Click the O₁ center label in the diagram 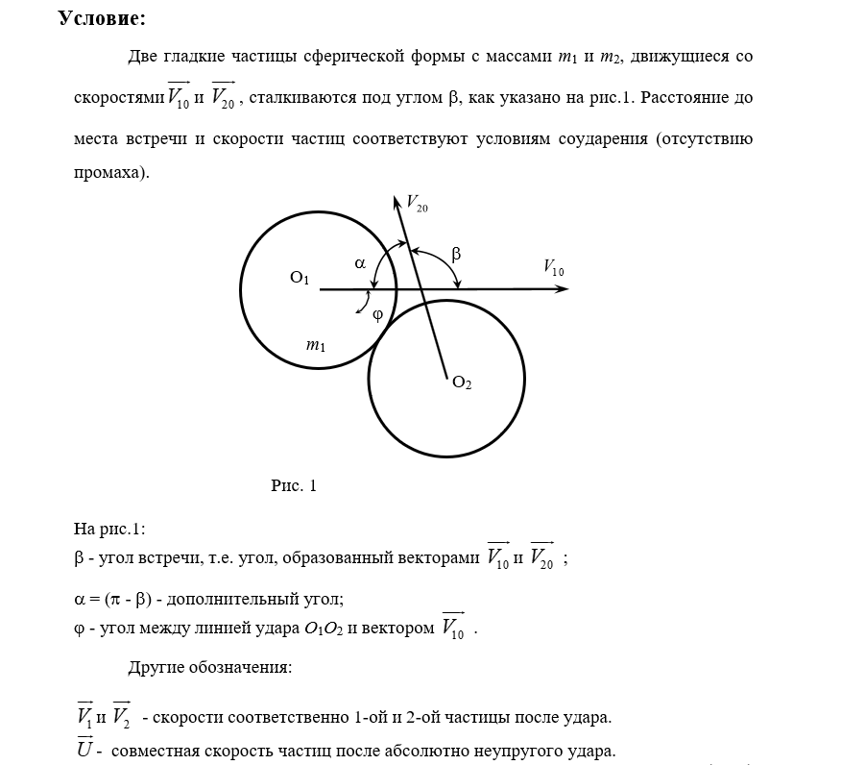click(x=300, y=279)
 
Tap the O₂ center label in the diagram click(x=462, y=382)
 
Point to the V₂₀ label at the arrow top click(x=418, y=203)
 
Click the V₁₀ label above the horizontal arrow click(x=554, y=268)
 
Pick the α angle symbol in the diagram click(x=360, y=260)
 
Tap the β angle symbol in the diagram click(x=456, y=255)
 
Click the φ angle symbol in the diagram click(x=377, y=313)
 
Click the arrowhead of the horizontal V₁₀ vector click(x=562, y=288)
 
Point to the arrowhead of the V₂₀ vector click(x=396, y=202)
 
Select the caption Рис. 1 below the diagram click(x=294, y=485)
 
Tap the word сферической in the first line click(x=381, y=57)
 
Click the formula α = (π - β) click(x=115, y=599)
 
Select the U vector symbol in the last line click(x=84, y=748)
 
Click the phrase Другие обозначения click(x=209, y=667)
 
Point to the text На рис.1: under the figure click(x=108, y=529)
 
